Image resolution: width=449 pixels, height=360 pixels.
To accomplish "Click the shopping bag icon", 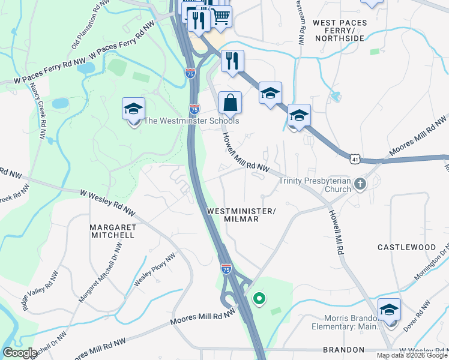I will point(230,103).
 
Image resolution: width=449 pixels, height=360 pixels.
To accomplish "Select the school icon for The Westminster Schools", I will point(133,109).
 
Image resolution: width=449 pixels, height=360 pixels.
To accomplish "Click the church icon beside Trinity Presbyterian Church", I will point(360,184).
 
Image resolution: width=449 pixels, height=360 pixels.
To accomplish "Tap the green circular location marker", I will point(259,298).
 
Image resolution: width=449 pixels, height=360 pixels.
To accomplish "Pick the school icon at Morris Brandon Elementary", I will point(390,310).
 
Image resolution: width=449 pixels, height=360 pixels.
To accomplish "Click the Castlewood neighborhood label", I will point(406,247).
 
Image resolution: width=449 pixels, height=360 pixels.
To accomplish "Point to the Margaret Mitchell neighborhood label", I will point(112,232).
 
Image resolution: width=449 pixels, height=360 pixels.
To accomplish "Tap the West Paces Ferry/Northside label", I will point(339,31).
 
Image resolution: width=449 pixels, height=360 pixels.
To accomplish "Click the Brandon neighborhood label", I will point(343,349).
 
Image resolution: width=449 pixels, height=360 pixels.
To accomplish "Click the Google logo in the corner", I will point(20,353).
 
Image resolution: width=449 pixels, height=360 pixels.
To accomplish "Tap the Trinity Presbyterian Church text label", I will point(315,185).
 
